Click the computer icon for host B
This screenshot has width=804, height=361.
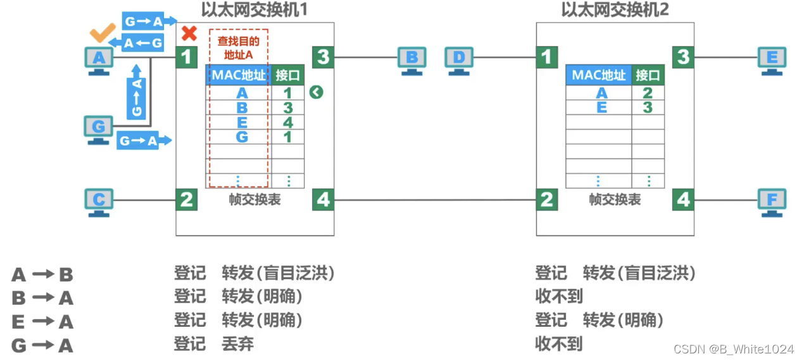pos(411,60)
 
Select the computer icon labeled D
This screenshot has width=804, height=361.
pos(459,60)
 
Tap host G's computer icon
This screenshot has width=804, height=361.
pos(99,129)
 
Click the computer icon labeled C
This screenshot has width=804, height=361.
pos(99,202)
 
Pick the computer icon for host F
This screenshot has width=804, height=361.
pos(772,202)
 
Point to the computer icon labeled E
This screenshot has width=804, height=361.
pos(772,60)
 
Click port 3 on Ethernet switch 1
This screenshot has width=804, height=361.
pos(323,57)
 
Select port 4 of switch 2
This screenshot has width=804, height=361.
pos(683,199)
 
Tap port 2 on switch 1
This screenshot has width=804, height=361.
pos(186,199)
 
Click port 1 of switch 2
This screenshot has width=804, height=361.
pos(546,57)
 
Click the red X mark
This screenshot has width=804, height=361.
pos(188,33)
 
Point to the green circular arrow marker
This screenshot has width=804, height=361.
pos(317,92)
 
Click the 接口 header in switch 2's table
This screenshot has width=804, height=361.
pos(648,75)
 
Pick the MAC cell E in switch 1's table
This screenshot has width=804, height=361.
pos(242,122)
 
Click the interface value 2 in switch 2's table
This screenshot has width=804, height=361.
pos(648,93)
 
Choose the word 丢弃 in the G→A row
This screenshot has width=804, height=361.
pos(237,344)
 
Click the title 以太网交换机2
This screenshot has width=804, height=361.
pos(615,9)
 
